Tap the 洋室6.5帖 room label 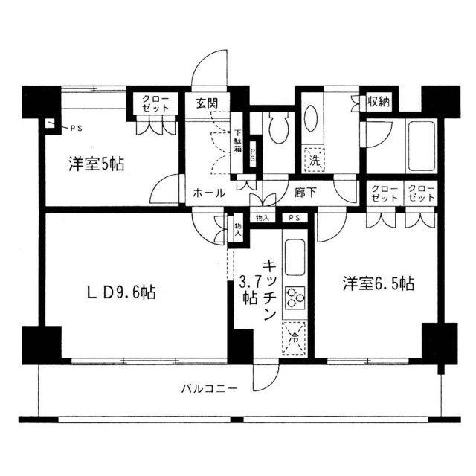(x=378, y=283)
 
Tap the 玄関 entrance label (x=208, y=103)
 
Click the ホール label (x=209, y=193)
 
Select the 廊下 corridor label (x=305, y=193)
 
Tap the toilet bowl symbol (x=278, y=127)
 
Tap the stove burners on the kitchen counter (x=295, y=295)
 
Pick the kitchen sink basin (x=294, y=257)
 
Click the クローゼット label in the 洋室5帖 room (x=155, y=103)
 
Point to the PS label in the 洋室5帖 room (x=77, y=129)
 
